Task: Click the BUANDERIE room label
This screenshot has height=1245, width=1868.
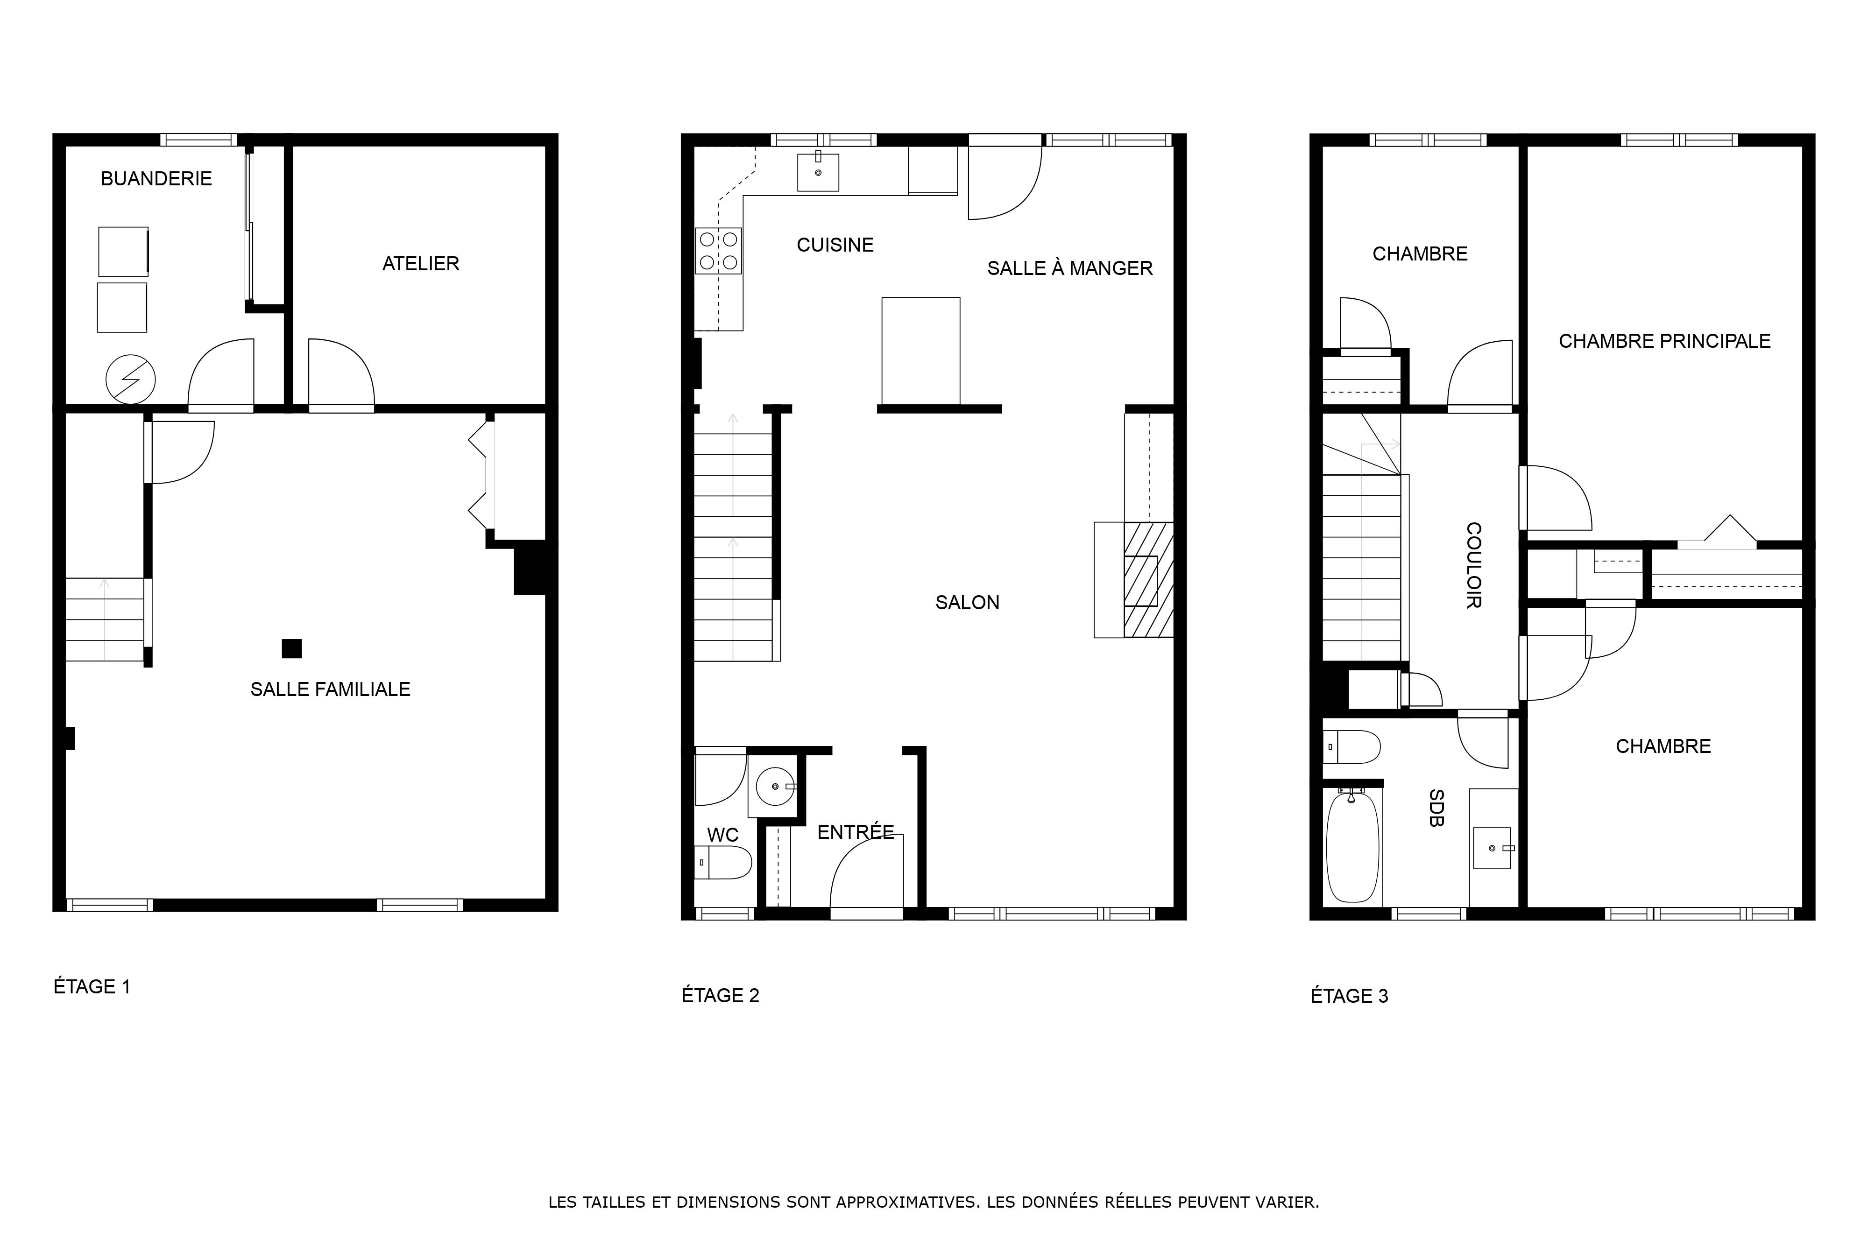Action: click(156, 179)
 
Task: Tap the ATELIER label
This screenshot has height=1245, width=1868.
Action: click(421, 264)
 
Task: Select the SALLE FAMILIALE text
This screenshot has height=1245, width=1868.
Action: click(330, 689)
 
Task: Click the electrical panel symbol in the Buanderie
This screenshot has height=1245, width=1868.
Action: click(130, 379)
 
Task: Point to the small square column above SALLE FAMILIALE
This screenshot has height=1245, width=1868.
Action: click(291, 649)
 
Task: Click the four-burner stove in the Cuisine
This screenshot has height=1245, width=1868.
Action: click(719, 251)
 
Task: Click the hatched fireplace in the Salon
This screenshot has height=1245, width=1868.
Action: click(1148, 580)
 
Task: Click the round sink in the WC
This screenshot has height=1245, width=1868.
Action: click(775, 786)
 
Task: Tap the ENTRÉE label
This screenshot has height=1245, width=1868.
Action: click(856, 832)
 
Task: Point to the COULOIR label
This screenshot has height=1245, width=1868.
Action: click(1473, 565)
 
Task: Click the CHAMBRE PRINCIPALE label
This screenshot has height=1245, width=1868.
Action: click(1665, 341)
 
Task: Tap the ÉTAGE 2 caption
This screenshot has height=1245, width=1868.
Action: click(721, 996)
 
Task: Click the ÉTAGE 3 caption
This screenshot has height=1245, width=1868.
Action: click(1349, 996)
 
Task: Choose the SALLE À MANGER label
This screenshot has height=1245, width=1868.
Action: click(1070, 268)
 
